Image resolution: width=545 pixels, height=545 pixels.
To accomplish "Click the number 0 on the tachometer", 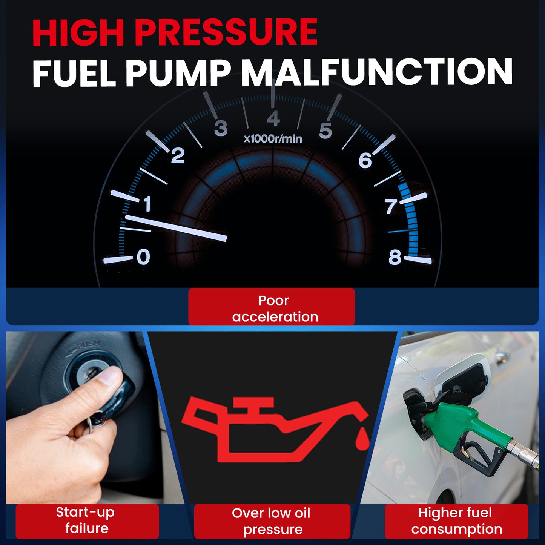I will coord(143,257).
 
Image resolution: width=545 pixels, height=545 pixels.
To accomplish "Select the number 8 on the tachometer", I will coord(395,257).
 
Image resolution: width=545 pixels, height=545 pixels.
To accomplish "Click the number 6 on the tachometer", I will coord(365,161).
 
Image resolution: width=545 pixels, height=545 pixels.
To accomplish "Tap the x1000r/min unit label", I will coord(273,139).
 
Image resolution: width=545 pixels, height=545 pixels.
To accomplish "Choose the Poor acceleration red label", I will coord(272,307).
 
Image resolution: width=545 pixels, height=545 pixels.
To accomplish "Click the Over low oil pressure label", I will coord(272,521).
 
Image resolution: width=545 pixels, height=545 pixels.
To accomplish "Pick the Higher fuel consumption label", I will coord(456,521).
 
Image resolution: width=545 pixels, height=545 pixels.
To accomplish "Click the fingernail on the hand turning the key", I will coord(110,376).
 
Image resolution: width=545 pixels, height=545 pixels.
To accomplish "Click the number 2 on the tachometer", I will coord(178,155).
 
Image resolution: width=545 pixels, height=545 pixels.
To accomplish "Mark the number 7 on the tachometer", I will coord(391,207).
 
